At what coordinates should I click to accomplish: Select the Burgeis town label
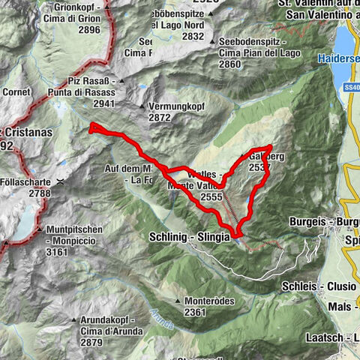pyautogui.click(x=310, y=222)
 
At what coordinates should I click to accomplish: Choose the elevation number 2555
pyautogui.click(x=212, y=196)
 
